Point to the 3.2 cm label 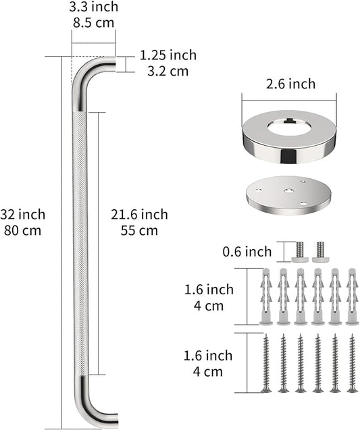pyautogui.click(x=168, y=70)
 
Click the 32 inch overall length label pyautogui.click(x=23, y=215)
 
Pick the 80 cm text pyautogui.click(x=23, y=230)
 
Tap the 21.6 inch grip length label pyautogui.click(x=140, y=215)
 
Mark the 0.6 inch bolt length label pyautogui.click(x=247, y=252)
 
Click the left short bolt pyautogui.click(x=300, y=251)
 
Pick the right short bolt pyautogui.click(x=319, y=251)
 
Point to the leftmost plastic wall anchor pyautogui.click(x=265, y=296)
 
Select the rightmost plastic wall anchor pyautogui.click(x=352, y=296)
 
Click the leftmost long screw pyautogui.click(x=265, y=363)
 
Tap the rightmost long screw pyautogui.click(x=352, y=363)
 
